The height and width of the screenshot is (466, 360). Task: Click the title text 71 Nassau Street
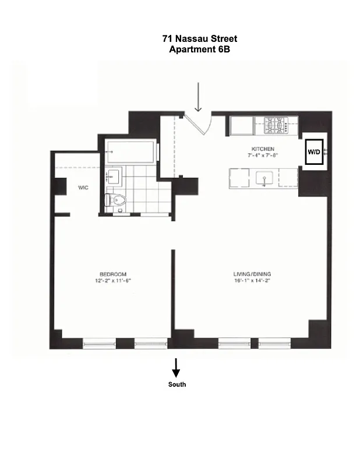point(199,39)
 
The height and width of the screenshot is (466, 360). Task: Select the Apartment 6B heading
point(199,50)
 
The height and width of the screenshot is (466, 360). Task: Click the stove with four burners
point(276,125)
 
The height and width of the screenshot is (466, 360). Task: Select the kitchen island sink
point(265,178)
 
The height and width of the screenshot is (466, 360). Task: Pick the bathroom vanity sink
point(114,176)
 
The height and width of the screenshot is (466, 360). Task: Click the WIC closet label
point(83,188)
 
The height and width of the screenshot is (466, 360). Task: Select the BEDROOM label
point(112,274)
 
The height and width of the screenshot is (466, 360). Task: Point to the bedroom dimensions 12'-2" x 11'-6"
point(112,281)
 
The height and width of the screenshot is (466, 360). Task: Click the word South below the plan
point(177,384)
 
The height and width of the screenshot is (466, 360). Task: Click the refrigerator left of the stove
point(241,125)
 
